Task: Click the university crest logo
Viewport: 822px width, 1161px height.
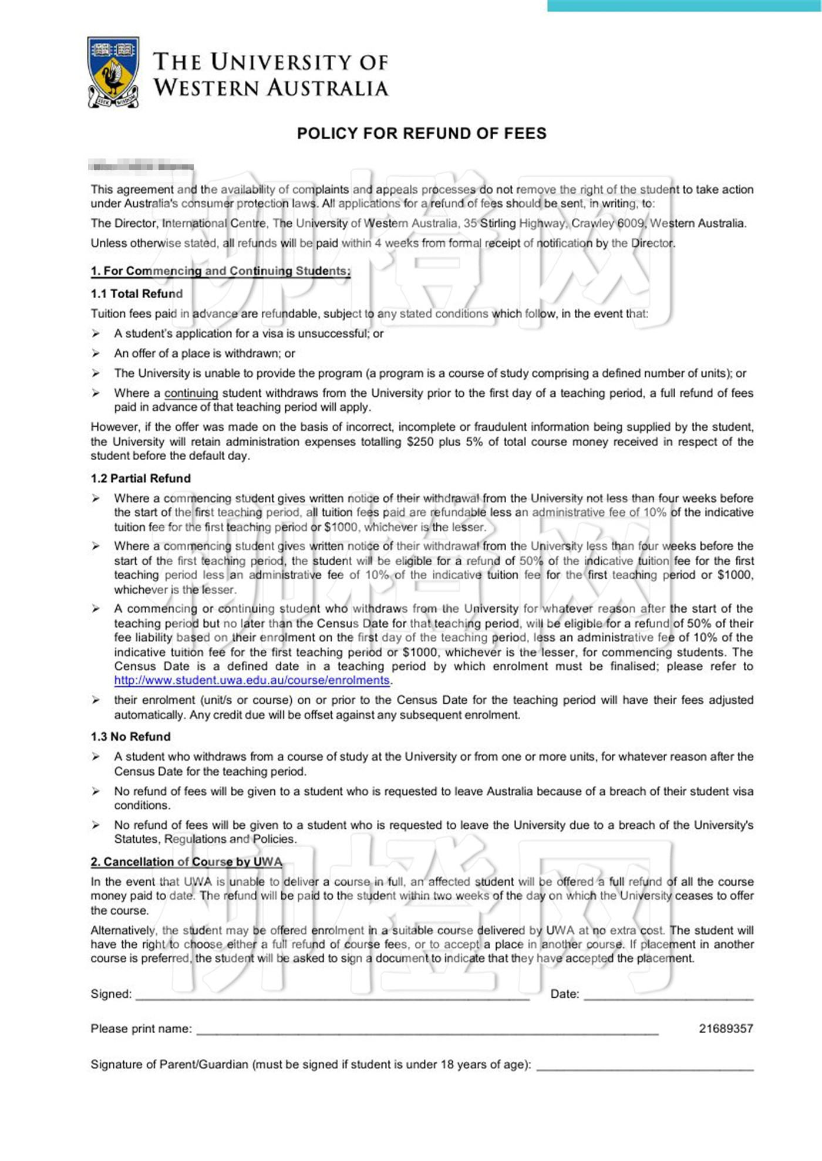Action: click(x=113, y=72)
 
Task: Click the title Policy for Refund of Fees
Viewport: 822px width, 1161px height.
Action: click(x=422, y=133)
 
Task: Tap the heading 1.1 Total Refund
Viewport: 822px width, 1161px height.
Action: click(x=137, y=293)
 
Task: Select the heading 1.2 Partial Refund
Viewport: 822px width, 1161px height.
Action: click(x=141, y=478)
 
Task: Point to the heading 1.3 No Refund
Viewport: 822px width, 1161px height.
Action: click(x=130, y=737)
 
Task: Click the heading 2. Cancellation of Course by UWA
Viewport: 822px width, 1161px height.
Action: click(x=186, y=862)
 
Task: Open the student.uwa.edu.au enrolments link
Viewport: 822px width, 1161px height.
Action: click(x=252, y=680)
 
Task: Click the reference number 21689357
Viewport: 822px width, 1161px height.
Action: click(x=726, y=1028)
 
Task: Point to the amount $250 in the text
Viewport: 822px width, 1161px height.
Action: click(x=419, y=441)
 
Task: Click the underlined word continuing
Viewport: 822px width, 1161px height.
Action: click(x=191, y=393)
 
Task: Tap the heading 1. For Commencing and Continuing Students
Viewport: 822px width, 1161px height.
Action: click(x=220, y=271)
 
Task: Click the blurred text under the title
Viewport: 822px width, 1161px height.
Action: click(x=141, y=167)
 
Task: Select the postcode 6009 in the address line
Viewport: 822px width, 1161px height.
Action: click(x=630, y=223)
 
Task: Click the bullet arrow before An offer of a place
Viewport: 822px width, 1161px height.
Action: click(x=96, y=353)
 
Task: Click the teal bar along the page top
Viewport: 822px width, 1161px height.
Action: click(x=684, y=5)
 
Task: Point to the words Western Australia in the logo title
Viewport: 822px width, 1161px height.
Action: click(x=271, y=88)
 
